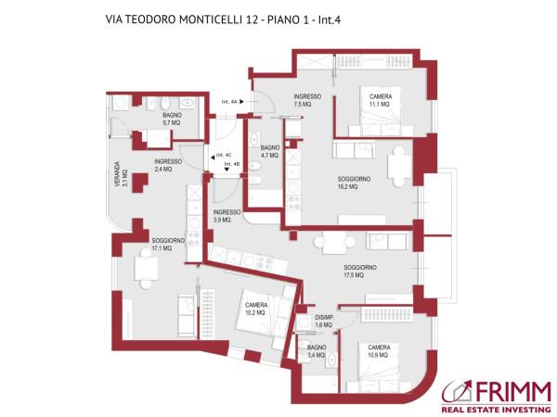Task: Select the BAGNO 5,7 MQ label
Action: pyautogui.click(x=172, y=119)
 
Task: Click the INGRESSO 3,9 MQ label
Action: pyautogui.click(x=227, y=216)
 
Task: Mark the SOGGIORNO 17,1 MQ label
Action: pyautogui.click(x=168, y=245)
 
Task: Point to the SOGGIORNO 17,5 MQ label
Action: pyautogui.click(x=359, y=270)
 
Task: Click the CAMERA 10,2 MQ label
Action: pyautogui.click(x=256, y=309)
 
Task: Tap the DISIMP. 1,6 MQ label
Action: pyautogui.click(x=324, y=321)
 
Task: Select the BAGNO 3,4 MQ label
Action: pyautogui.click(x=316, y=350)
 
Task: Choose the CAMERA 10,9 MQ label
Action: pyautogui.click(x=379, y=351)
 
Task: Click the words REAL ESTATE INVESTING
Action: pyautogui.click(x=498, y=406)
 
